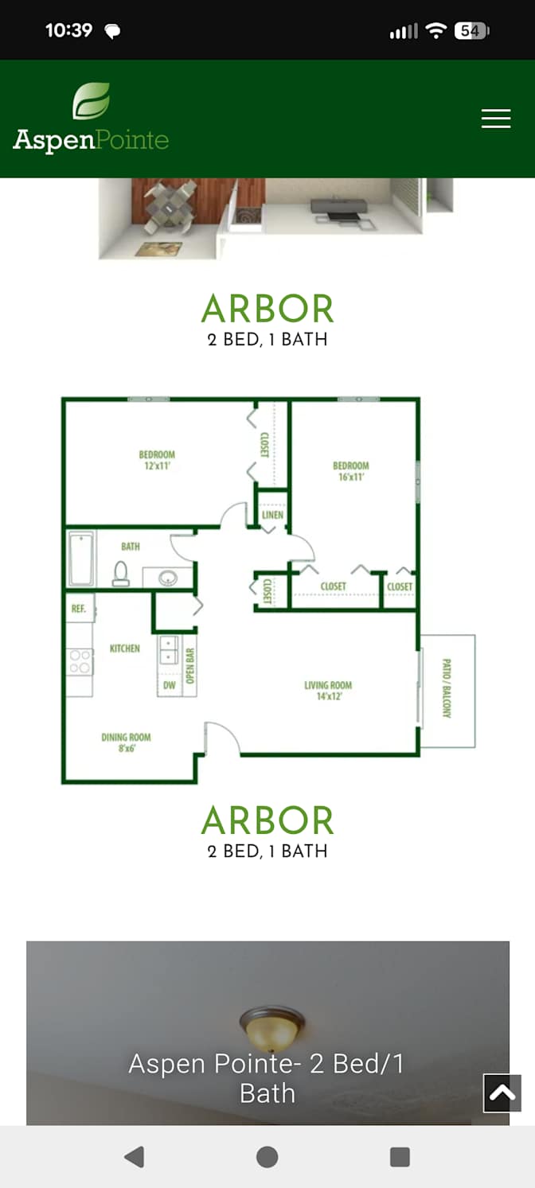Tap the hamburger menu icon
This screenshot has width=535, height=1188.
coord(496,119)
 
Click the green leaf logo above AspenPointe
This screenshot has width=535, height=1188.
coord(92,101)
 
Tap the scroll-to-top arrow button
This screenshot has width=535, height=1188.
coord(502,1093)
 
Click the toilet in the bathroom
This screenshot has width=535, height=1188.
coord(121,574)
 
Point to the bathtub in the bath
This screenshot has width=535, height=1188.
coord(81,559)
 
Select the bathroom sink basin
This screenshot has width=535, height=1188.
coord(168,578)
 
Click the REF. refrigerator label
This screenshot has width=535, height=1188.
coord(79,608)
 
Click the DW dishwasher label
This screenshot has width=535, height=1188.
coord(170,685)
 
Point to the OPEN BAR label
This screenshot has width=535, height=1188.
coord(190,665)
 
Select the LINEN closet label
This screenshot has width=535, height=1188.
coord(272,515)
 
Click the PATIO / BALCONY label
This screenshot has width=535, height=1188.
coord(447,688)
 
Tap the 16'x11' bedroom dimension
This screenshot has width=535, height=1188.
coord(351,477)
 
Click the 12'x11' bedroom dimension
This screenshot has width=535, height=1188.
coord(157,465)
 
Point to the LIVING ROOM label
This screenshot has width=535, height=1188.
coord(328,684)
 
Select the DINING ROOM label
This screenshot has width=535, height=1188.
coord(127,737)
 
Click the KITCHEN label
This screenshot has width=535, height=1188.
coord(125,648)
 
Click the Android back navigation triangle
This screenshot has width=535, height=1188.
coord(135,1157)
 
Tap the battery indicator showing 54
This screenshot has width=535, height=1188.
coord(471,31)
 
